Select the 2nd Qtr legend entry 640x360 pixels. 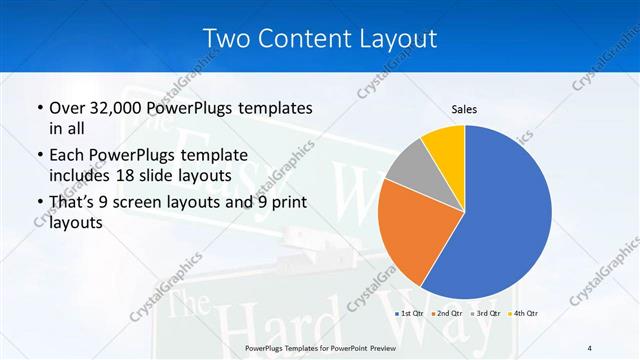[447, 314]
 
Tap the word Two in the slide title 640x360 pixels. [225, 38]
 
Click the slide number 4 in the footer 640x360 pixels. [589, 347]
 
